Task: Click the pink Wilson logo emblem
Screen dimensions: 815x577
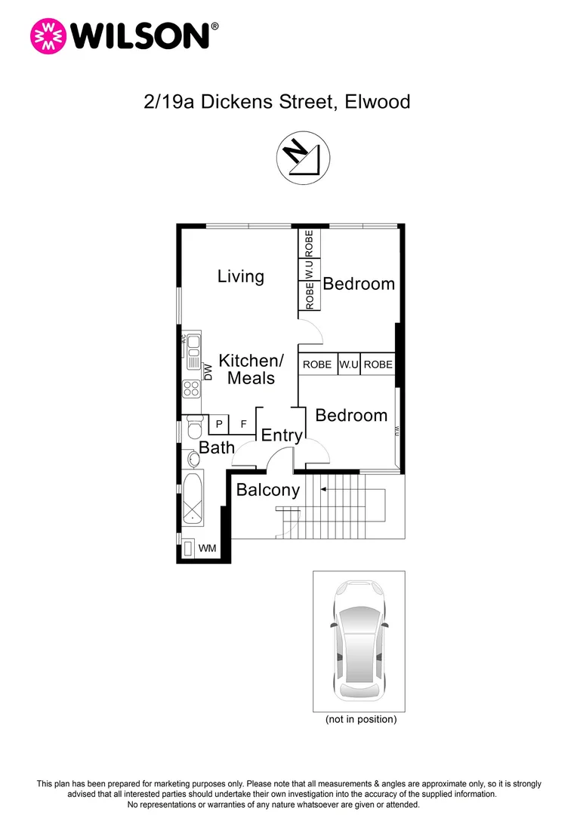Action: click(x=47, y=35)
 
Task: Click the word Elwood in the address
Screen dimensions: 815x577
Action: click(x=377, y=101)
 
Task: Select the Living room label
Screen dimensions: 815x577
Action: click(x=240, y=276)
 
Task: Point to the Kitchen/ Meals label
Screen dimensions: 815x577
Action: click(x=251, y=369)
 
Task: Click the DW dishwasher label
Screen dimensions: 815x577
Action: click(x=208, y=371)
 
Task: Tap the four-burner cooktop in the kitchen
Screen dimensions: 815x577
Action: click(x=192, y=389)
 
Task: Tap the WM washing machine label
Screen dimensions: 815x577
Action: click(x=206, y=548)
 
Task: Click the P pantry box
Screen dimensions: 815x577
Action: click(x=219, y=424)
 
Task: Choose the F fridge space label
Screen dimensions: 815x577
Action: click(x=243, y=424)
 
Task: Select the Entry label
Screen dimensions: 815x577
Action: click(x=281, y=435)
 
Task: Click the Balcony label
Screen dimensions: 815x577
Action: click(x=268, y=490)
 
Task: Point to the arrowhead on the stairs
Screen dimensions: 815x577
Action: click(x=323, y=490)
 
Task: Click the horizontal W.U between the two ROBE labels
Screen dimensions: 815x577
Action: click(x=348, y=364)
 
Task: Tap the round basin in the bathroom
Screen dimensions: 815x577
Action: click(x=189, y=458)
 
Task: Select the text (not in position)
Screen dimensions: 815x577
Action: click(x=360, y=719)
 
